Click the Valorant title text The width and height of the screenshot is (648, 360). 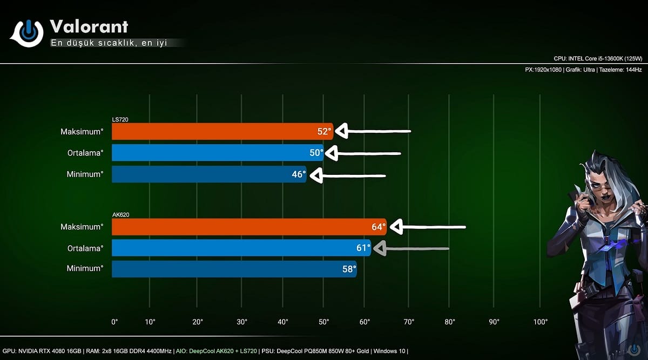point(89,26)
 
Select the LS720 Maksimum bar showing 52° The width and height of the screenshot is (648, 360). point(222,131)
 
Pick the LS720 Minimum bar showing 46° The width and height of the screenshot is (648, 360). point(208,174)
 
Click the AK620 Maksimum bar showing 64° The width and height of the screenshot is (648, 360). point(248,227)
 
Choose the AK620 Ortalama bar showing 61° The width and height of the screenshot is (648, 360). point(241,248)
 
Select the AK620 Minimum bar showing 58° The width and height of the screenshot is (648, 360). point(233,269)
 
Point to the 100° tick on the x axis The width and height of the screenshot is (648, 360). point(540,322)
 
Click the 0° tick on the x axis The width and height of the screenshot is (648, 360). point(114,322)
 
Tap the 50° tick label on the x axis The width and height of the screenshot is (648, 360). point(323,322)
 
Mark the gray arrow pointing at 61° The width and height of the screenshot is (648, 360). point(410,249)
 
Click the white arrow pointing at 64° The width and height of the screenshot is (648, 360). point(427,227)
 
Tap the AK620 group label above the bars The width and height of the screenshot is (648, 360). point(120,215)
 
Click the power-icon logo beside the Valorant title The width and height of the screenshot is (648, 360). point(28,33)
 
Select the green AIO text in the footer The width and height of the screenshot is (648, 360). point(216,351)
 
